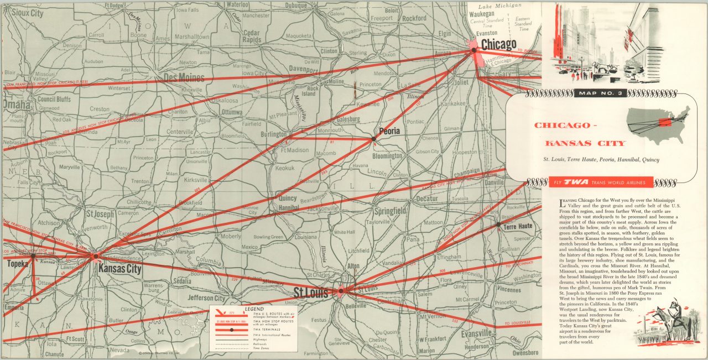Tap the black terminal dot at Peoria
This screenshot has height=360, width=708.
(x=374, y=139)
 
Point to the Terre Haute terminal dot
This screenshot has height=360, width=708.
(x=499, y=225)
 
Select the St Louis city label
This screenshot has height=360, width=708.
(x=311, y=292)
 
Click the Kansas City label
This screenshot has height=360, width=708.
(x=119, y=269)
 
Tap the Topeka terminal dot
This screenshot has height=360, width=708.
(x=33, y=255)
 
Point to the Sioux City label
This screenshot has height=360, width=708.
(x=27, y=12)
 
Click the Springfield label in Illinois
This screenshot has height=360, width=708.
(x=390, y=211)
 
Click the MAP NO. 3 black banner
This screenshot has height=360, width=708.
(x=601, y=93)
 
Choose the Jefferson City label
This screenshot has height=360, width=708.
(x=206, y=298)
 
